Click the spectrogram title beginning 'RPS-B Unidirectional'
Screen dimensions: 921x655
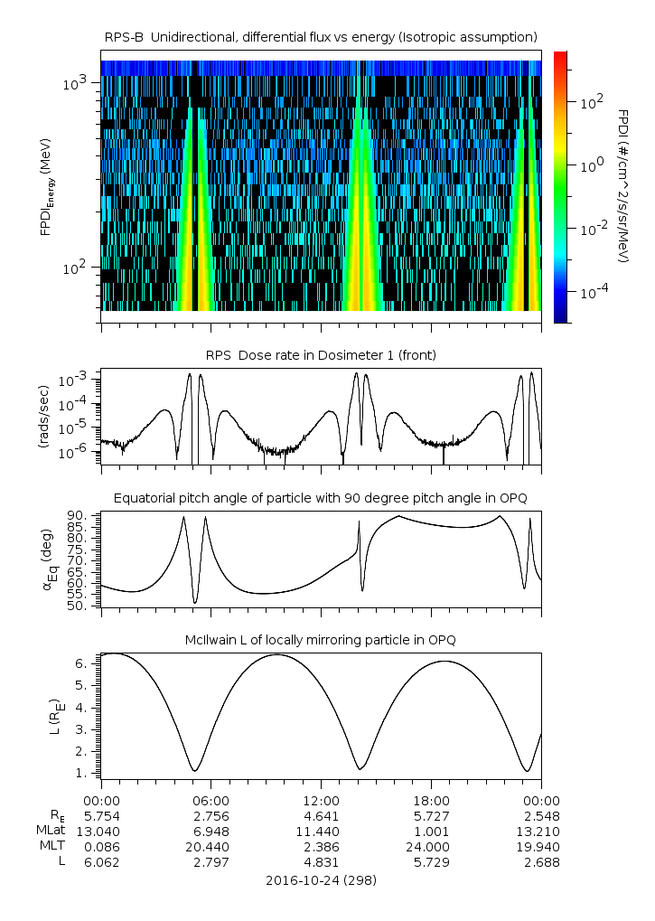pos(321,36)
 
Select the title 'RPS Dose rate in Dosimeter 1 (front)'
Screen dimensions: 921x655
pos(321,355)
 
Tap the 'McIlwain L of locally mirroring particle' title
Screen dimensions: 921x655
pos(321,640)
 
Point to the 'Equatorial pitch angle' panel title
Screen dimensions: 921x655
pos(321,498)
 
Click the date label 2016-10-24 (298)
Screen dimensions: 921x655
pos(321,879)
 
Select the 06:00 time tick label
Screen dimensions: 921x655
pos(211,800)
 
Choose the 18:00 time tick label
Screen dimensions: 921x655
pos(431,800)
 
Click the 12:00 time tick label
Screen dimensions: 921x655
pos(321,800)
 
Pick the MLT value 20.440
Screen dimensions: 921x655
pos(211,846)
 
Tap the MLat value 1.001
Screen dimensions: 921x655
pos(431,831)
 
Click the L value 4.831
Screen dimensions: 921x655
pos(321,861)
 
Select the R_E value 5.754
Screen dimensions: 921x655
pos(101,815)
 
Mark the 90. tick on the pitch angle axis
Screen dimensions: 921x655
pos(78,516)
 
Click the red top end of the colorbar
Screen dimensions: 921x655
pos(560,56)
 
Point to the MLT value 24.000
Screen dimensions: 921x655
pos(431,846)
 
